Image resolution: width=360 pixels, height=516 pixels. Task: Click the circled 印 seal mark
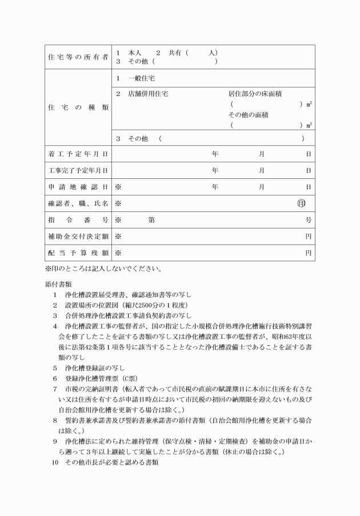tap(301, 203)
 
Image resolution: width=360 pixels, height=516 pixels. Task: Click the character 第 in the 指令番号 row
tap(151, 219)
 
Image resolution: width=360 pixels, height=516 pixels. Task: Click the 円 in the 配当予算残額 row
tap(308, 253)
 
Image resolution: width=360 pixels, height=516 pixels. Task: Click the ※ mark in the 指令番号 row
tap(118, 219)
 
